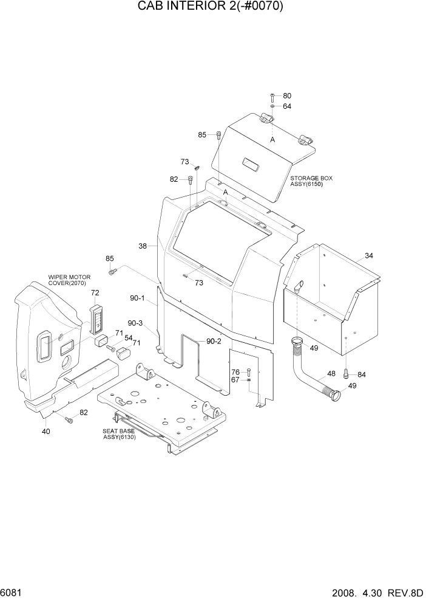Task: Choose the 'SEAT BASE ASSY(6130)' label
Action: click(x=118, y=433)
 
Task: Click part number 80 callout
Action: click(x=287, y=95)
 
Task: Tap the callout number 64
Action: click(x=287, y=106)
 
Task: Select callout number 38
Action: click(x=143, y=246)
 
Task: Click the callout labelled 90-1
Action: click(x=137, y=298)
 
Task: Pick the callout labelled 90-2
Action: click(x=213, y=342)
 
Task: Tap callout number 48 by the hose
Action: click(x=332, y=374)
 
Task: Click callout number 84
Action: click(x=362, y=374)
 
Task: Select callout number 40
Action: click(x=46, y=431)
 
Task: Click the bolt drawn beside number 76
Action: click(x=249, y=372)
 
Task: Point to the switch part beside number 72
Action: click(x=97, y=319)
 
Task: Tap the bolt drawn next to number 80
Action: click(x=272, y=96)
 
